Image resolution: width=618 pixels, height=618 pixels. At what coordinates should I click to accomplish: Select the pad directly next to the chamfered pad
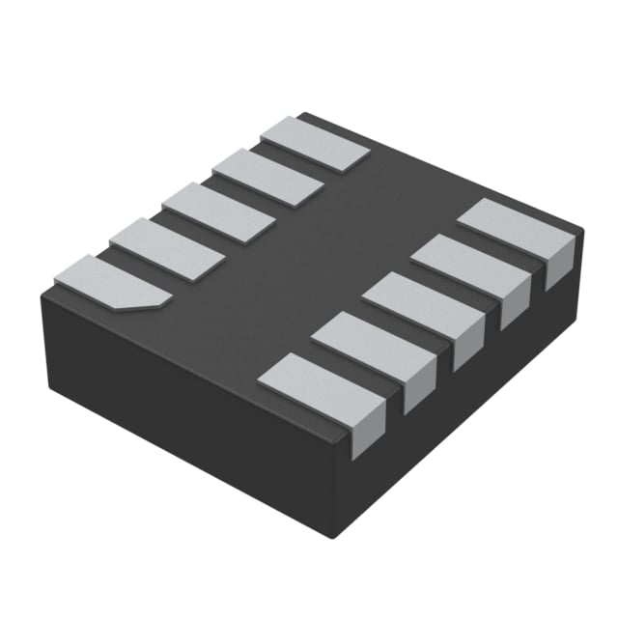[x=167, y=249]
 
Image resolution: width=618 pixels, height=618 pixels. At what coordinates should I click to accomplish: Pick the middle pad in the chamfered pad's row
[x=218, y=212]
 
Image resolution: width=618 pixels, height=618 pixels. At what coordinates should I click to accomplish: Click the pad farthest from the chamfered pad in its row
[x=316, y=144]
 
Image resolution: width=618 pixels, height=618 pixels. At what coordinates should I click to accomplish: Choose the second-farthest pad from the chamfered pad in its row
[x=267, y=177]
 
